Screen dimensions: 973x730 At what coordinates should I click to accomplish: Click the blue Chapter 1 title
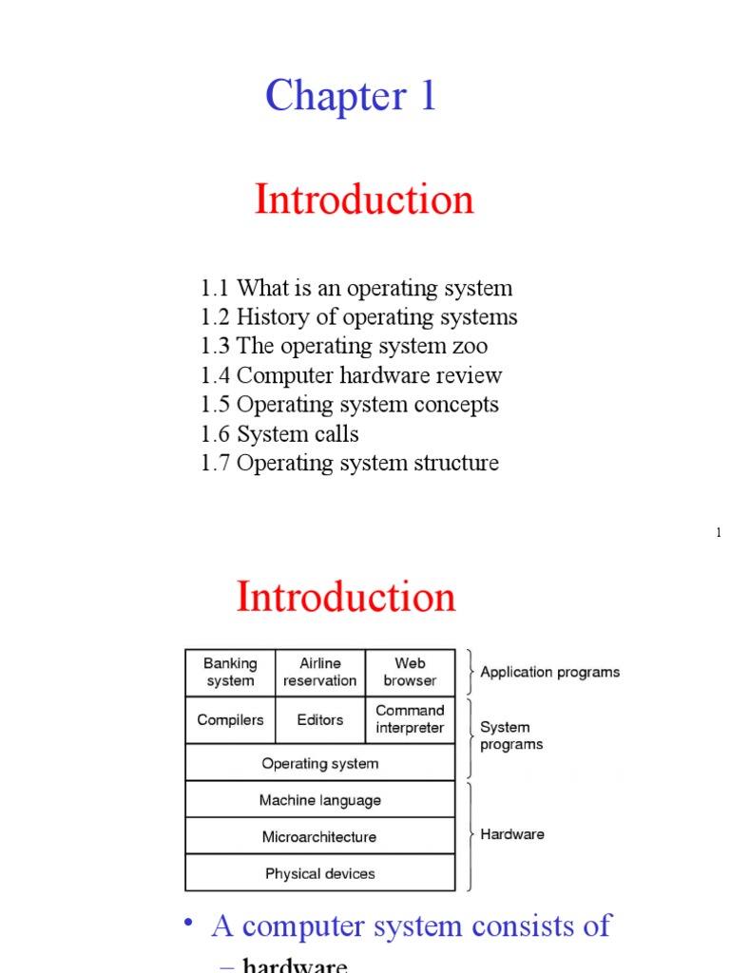point(351,96)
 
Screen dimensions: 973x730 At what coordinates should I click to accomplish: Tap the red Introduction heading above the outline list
point(364,200)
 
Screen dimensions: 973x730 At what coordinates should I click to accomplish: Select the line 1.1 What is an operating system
point(356,288)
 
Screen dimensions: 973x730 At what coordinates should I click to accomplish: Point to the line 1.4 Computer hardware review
point(352,375)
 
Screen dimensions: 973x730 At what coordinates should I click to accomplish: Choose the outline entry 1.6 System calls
point(279,434)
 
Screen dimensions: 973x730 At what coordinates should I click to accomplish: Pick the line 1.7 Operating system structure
point(350,464)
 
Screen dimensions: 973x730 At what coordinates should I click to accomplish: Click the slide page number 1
point(719,533)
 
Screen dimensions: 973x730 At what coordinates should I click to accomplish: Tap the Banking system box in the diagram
point(230,672)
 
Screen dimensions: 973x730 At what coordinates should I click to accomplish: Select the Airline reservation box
point(320,672)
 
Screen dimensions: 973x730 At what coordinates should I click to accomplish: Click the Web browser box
point(410,672)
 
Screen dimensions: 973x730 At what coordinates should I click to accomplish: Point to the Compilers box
point(230,719)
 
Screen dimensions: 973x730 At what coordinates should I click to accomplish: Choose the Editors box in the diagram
point(320,719)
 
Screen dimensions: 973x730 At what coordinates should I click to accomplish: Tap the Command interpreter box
point(410,719)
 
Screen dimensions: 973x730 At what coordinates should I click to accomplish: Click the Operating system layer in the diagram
point(320,763)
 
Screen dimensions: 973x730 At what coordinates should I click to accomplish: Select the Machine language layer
point(320,800)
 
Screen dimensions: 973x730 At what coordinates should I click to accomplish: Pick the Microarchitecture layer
point(320,837)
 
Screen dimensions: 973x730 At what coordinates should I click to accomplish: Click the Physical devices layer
point(320,873)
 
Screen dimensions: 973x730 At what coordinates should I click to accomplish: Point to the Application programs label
point(549,672)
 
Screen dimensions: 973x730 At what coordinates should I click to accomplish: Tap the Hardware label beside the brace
point(512,834)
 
